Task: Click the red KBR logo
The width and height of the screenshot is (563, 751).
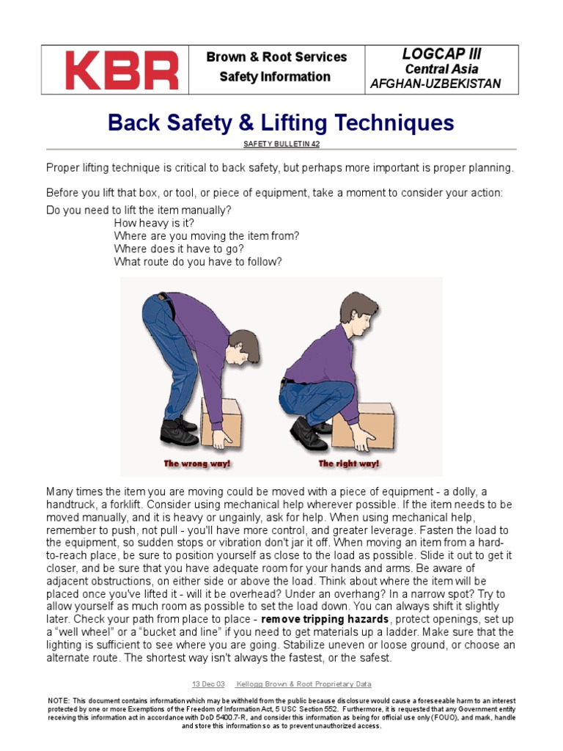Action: tap(122, 70)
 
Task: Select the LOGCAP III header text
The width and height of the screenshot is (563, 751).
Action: tap(441, 54)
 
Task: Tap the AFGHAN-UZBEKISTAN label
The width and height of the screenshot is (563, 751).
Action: tap(435, 84)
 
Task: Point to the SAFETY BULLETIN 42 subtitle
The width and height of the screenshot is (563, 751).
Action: tap(281, 144)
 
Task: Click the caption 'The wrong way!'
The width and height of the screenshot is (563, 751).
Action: tap(196, 464)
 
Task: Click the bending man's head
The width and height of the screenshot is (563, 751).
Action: tap(243, 345)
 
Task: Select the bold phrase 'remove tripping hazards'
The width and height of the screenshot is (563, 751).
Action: tap(325, 620)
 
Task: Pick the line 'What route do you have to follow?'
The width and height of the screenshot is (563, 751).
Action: tap(198, 262)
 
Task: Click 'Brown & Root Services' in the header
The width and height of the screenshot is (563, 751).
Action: tap(276, 57)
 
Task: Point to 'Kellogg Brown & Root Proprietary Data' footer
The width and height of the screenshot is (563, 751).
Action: tap(303, 684)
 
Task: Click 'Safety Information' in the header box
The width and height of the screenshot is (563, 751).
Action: tap(275, 77)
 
